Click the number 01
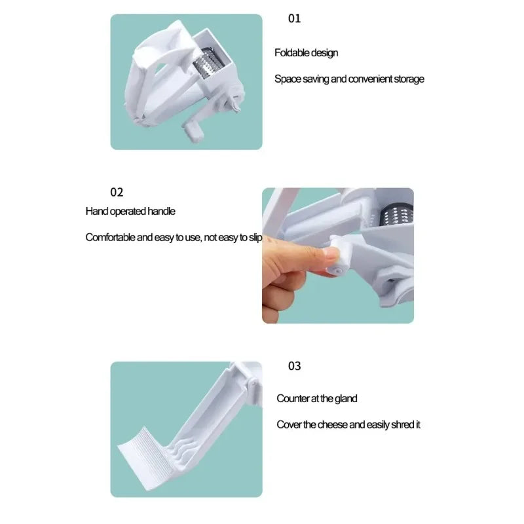pyautogui.click(x=295, y=18)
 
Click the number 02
pyautogui.click(x=117, y=192)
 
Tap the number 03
pyautogui.click(x=295, y=365)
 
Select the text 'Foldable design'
pyautogui.click(x=306, y=52)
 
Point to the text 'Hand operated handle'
pyautogui.click(x=130, y=211)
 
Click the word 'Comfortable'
pyautogui.click(x=110, y=237)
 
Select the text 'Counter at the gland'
pyautogui.click(x=316, y=398)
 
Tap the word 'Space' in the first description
pyautogui.click(x=286, y=79)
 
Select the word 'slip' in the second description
pyautogui.click(x=255, y=237)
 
